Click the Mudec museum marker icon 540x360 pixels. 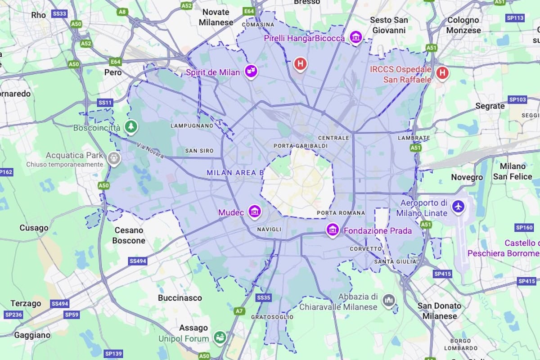[255, 211]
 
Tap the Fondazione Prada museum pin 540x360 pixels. [333, 230]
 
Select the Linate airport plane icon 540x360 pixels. [458, 207]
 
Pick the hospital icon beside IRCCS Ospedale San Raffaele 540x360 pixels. [442, 72]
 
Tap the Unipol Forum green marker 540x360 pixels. [220, 337]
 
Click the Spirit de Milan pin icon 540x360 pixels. [251, 71]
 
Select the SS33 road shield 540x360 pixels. [59, 14]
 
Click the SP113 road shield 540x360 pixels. [515, 18]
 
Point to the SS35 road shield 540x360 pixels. [264, 298]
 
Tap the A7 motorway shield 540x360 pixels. [239, 311]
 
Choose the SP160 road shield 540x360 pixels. [524, 228]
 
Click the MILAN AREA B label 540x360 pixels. [235, 173]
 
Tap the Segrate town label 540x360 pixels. [490, 106]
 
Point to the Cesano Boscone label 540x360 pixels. [129, 235]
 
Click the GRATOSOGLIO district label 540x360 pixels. [272, 317]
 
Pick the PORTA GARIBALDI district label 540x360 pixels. [301, 146]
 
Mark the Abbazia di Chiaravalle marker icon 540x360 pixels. [388, 300]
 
